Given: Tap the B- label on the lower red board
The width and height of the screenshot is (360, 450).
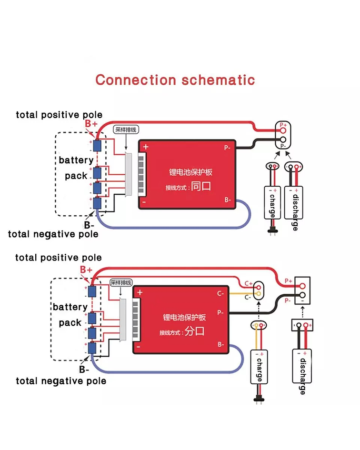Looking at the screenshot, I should point(220,344).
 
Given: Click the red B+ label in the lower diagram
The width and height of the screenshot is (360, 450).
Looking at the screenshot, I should point(86,270).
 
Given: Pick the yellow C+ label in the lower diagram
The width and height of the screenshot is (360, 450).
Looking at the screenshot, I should point(249,284).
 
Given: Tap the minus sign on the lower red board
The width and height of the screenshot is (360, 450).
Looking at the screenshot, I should point(138,347).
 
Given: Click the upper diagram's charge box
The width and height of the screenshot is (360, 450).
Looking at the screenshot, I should point(271,202).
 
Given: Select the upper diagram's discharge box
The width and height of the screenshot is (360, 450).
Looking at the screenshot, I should point(294,202).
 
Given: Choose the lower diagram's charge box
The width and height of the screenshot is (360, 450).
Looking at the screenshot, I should point(259,367).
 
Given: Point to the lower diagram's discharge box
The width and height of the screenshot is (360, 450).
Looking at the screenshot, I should point(302,367).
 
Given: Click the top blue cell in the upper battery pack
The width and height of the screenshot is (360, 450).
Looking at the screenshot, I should point(98,145).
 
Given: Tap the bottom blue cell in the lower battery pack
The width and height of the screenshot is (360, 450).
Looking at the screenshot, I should point(92,348).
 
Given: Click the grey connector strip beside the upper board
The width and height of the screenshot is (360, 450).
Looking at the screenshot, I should point(129,175).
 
